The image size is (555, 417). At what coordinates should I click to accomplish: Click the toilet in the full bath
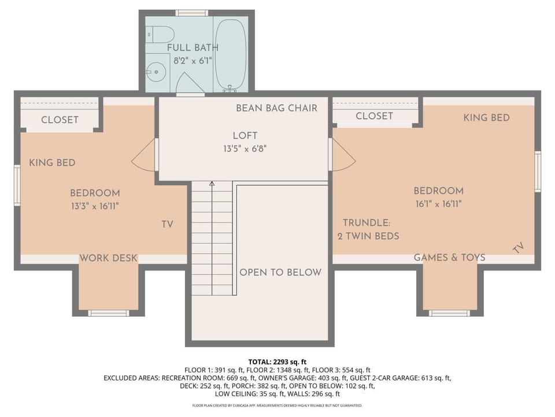click(x=160, y=34)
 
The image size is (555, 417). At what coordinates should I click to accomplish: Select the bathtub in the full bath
click(x=231, y=56)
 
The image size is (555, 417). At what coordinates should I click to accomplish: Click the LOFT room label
click(x=245, y=136)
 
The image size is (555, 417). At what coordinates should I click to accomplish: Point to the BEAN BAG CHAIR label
click(x=277, y=108)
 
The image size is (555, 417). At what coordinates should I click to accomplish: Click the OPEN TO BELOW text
click(x=281, y=272)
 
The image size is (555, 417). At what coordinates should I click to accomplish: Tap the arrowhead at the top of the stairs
click(x=212, y=184)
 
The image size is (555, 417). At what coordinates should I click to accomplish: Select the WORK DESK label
click(x=108, y=258)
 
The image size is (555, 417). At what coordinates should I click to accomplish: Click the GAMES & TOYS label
click(x=450, y=257)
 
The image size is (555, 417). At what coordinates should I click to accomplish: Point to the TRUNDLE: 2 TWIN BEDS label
click(x=368, y=229)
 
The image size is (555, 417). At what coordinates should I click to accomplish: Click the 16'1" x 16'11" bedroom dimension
click(x=439, y=204)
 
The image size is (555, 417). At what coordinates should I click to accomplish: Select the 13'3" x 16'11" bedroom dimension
click(x=95, y=206)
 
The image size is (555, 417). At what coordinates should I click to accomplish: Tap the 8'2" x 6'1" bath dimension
click(x=193, y=61)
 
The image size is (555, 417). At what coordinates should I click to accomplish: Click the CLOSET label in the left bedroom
click(x=60, y=120)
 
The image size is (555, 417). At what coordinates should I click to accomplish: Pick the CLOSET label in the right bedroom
click(x=374, y=116)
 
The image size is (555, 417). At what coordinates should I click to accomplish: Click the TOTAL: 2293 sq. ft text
click(x=277, y=362)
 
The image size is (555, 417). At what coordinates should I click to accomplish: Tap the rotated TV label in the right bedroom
click(x=518, y=248)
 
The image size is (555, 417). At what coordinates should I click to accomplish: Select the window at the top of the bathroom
click(x=191, y=13)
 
